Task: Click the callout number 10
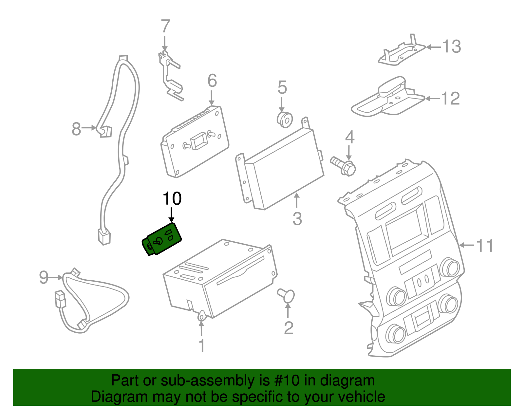172,198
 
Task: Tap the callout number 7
165,27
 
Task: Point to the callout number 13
452,47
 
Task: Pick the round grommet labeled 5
285,120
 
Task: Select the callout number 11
485,246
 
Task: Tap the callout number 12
451,99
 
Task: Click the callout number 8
76,129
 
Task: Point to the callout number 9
44,277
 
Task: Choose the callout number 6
212,81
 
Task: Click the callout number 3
297,219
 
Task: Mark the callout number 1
202,345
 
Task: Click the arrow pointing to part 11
466,245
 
